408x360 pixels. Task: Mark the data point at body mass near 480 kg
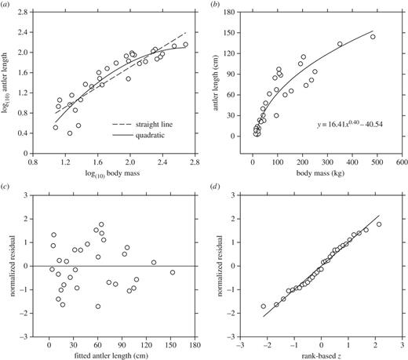pyautogui.click(x=373, y=37)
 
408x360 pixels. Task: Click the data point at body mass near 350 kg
pyautogui.click(x=340, y=45)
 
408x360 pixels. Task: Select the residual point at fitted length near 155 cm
pyautogui.click(x=173, y=272)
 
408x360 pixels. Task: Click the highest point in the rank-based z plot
pyautogui.click(x=379, y=224)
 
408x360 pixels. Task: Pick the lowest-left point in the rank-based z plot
pyautogui.click(x=264, y=306)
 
